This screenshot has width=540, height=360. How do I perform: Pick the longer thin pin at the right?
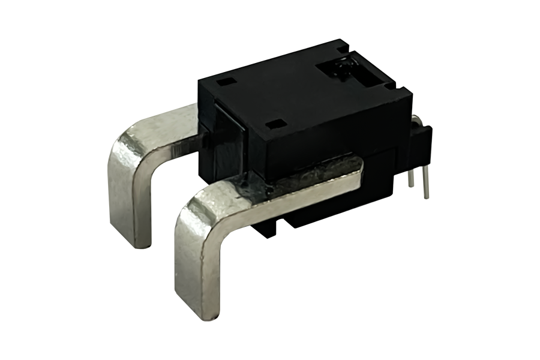click(x=425, y=182)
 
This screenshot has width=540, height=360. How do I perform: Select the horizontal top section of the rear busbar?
click(x=168, y=123)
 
